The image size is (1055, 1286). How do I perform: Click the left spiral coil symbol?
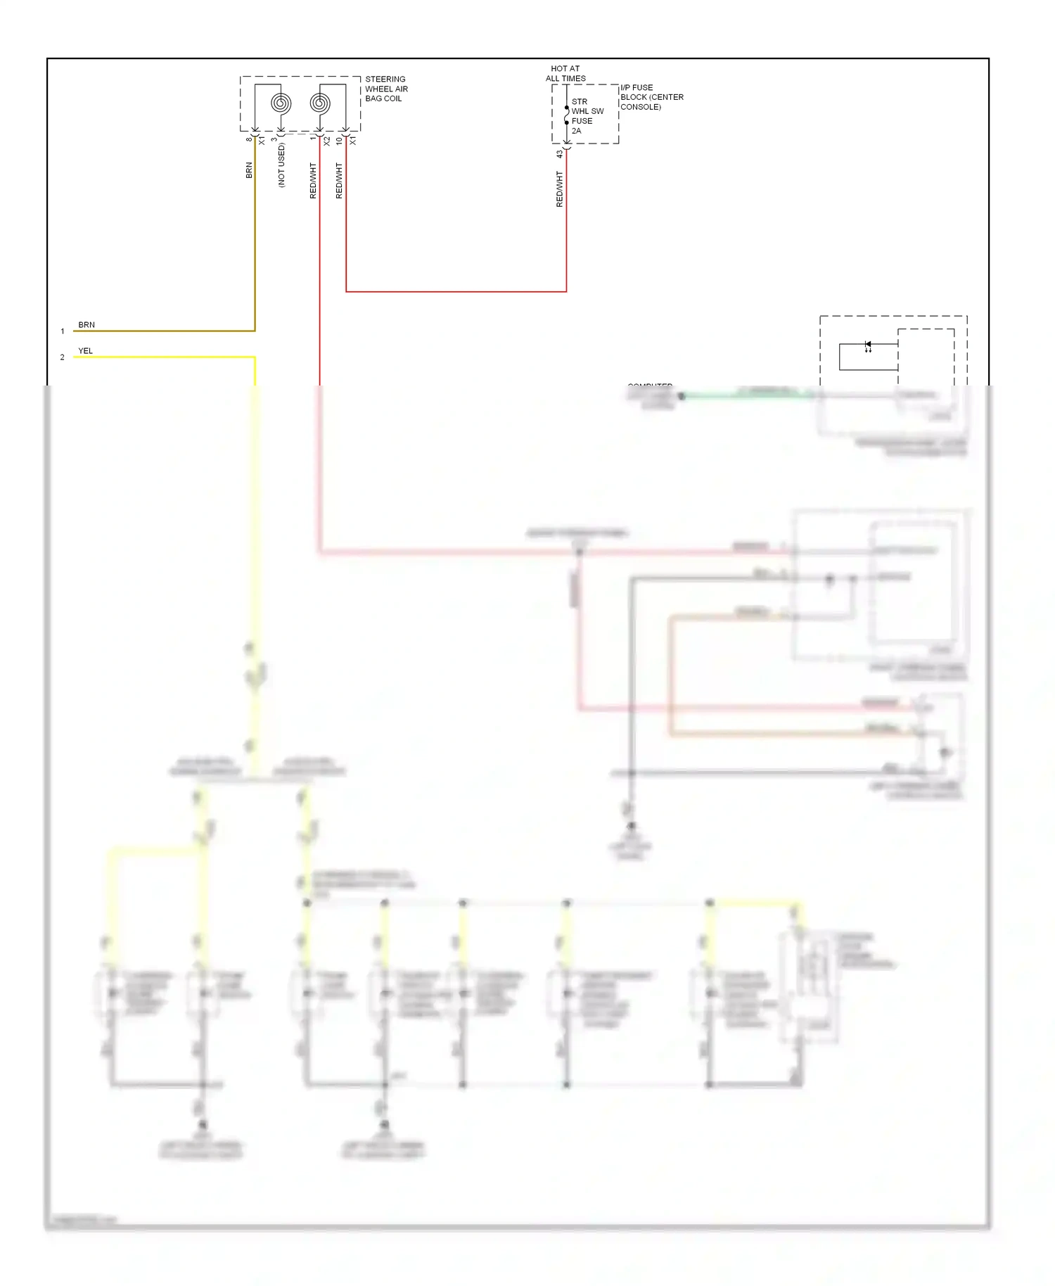tap(281, 103)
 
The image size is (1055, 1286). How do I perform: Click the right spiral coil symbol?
tap(320, 103)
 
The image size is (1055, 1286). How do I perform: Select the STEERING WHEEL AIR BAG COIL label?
tap(386, 89)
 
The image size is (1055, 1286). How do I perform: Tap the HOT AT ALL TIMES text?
tap(565, 73)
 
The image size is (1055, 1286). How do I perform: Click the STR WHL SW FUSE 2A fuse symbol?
tap(566, 115)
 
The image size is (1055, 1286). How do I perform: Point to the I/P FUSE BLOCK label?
tap(651, 97)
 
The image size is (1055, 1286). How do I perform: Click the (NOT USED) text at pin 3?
tap(281, 166)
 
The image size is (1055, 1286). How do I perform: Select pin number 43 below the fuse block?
tap(560, 154)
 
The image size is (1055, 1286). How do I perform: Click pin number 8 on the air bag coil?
tap(249, 139)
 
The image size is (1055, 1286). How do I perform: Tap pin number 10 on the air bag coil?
tap(339, 141)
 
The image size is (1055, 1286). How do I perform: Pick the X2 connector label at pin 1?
tap(326, 141)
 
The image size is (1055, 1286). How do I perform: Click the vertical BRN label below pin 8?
tap(249, 170)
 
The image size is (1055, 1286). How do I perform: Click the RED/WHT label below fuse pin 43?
tap(560, 189)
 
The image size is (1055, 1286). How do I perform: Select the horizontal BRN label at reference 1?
tap(87, 325)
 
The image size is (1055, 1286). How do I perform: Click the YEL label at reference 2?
tap(85, 351)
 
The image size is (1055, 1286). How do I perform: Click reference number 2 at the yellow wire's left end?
tap(62, 357)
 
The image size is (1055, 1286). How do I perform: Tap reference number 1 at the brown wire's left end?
tap(62, 331)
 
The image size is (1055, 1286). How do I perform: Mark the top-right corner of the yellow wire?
tap(255, 357)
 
